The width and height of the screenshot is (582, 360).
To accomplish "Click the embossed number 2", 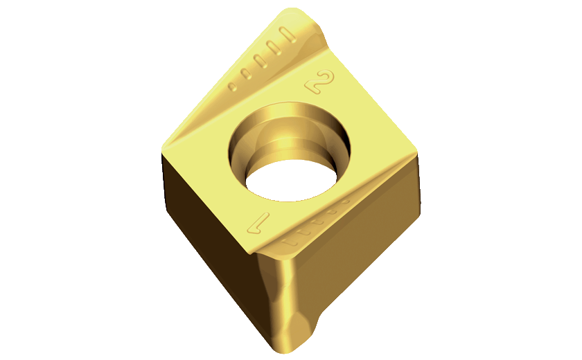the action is tap(320, 81).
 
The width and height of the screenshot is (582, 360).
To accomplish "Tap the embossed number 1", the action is tap(258, 223).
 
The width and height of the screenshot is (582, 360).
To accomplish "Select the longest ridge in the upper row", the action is tap(288, 35).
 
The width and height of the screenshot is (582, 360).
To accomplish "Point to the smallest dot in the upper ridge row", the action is tap(233, 87).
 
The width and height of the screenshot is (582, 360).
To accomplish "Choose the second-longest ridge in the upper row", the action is tap(274, 48).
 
